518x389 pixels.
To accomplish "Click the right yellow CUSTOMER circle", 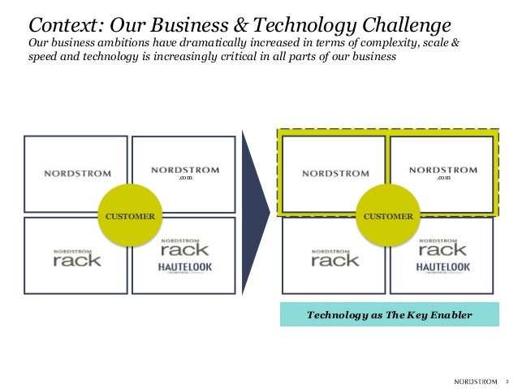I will [387, 216].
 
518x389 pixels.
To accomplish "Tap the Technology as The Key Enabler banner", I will [387, 314].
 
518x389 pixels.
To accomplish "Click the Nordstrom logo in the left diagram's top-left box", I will [77, 173].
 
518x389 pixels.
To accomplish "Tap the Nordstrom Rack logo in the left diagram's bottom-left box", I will [78, 257].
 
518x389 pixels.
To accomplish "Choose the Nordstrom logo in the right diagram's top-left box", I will [335, 173].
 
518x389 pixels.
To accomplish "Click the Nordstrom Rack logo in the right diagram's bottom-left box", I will [335, 257].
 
